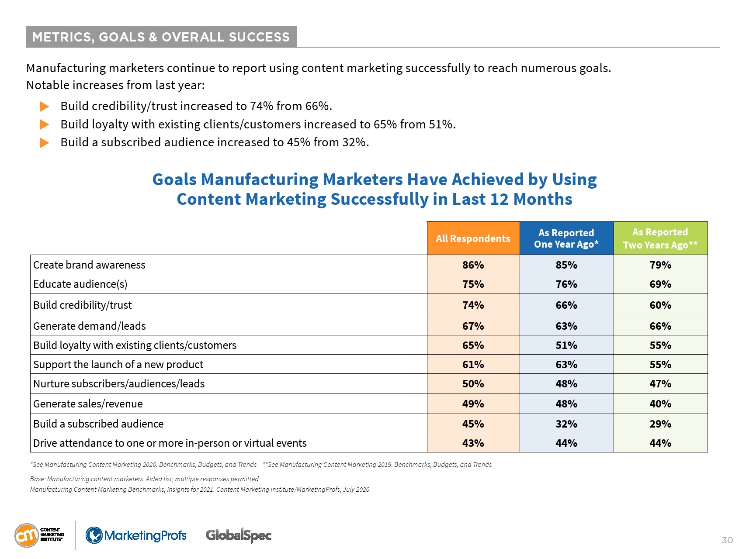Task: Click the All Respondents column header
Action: tap(473, 238)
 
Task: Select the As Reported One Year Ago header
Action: tap(566, 238)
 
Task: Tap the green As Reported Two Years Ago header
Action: tap(660, 238)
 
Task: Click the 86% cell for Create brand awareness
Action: tap(473, 265)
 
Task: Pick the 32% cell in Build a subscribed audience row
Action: tap(566, 424)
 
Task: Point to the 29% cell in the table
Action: tap(660, 424)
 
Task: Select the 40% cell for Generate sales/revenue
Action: tap(660, 404)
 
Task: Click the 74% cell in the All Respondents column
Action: tap(473, 305)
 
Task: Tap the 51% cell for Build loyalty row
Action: tap(566, 345)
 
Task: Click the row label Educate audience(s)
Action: tap(80, 284)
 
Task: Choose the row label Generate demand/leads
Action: tap(90, 326)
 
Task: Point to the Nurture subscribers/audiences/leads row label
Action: tap(119, 384)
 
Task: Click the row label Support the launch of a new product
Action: tap(118, 365)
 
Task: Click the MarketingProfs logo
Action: tap(136, 535)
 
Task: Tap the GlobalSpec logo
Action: tap(239, 535)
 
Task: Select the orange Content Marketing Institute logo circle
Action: tap(27, 535)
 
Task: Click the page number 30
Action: tap(727, 540)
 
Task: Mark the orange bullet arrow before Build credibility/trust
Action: tap(45, 106)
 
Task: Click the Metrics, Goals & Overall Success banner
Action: tap(161, 37)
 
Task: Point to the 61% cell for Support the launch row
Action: tap(473, 364)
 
